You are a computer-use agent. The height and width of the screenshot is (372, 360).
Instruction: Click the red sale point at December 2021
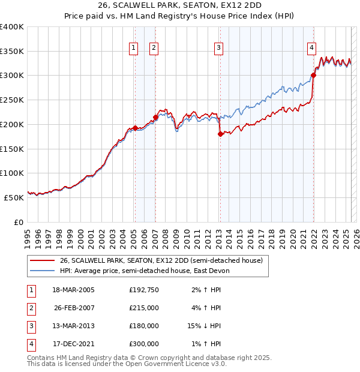tap(314, 76)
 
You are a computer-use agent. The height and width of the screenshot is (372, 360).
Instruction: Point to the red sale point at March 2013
tap(220, 134)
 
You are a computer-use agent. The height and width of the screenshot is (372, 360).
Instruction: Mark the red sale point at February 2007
tap(155, 117)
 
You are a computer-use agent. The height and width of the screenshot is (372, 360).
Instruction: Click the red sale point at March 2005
tap(135, 128)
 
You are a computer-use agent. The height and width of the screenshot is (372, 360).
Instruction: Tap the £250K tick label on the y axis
tap(12, 100)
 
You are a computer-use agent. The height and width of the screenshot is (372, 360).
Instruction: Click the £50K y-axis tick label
tap(14, 197)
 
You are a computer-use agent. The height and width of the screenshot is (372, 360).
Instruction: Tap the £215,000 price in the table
tap(144, 308)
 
